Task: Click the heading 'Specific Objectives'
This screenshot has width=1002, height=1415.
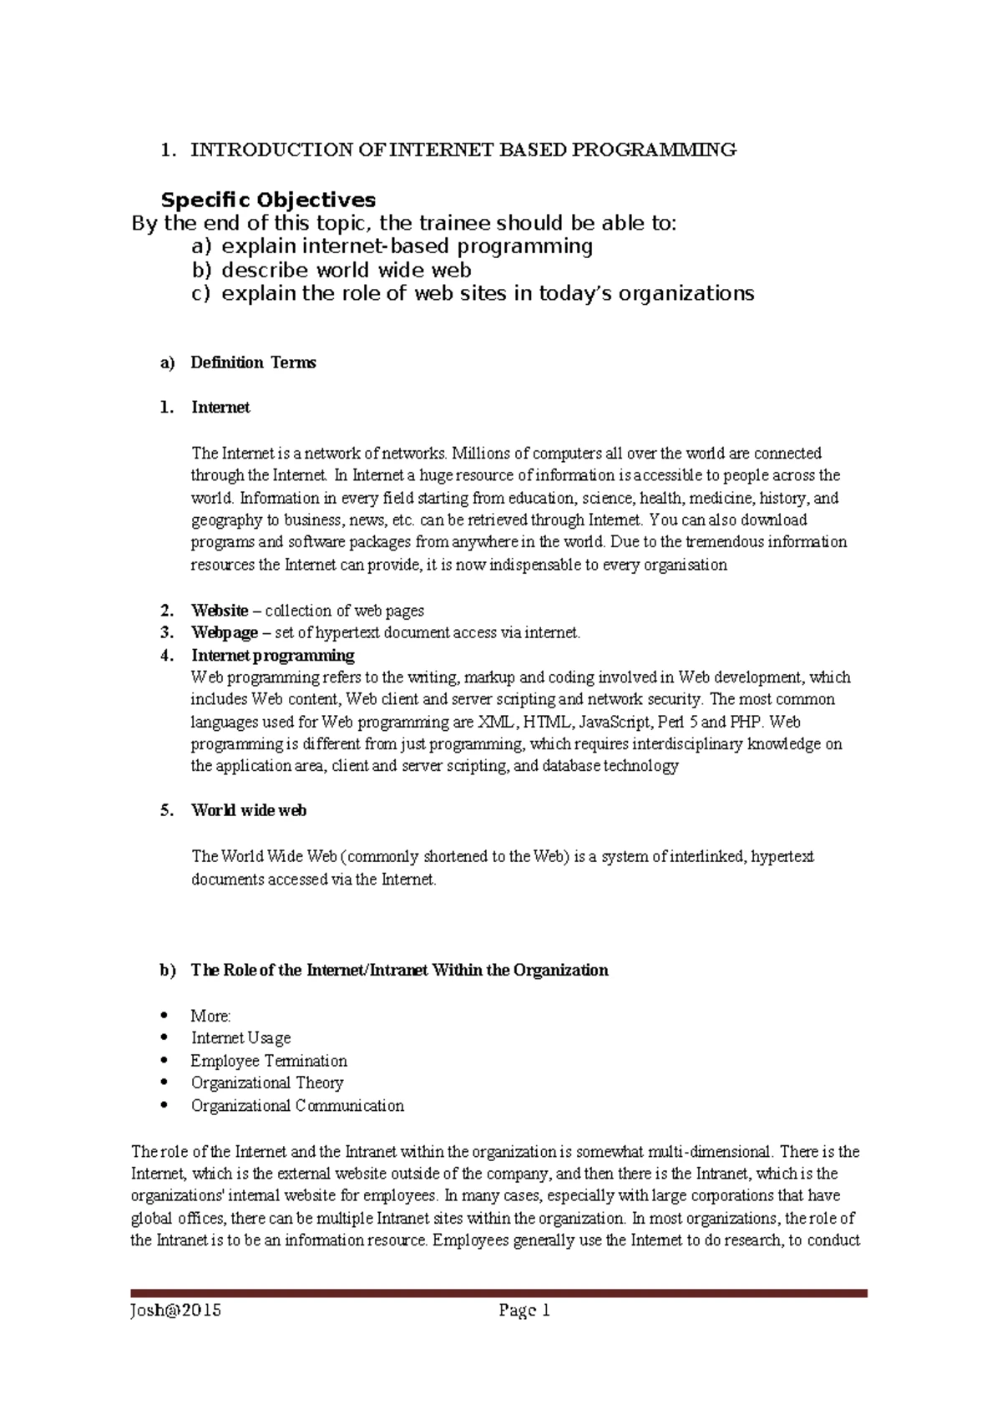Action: [x=268, y=200]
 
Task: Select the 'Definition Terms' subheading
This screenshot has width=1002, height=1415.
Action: [x=253, y=363]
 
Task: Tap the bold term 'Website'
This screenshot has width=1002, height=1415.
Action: [x=220, y=611]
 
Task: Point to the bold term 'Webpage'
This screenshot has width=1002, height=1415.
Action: [x=224, y=632]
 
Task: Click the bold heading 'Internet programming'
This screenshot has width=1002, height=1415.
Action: [x=272, y=655]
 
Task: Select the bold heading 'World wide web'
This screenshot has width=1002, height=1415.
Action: [x=249, y=810]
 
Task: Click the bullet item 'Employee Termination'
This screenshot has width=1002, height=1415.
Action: [x=268, y=1061]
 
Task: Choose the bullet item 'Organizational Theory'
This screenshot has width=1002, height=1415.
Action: [x=267, y=1083]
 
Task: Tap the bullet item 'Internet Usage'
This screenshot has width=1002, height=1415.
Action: [x=240, y=1038]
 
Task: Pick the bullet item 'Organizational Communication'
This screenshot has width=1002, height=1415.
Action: [x=297, y=1106]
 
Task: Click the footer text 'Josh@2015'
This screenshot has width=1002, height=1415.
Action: [x=175, y=1310]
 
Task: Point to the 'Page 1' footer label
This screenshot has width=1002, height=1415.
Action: [x=524, y=1310]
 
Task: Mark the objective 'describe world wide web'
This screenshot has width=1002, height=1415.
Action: [x=346, y=271]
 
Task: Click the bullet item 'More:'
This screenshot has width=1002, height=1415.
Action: [x=210, y=1016]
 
